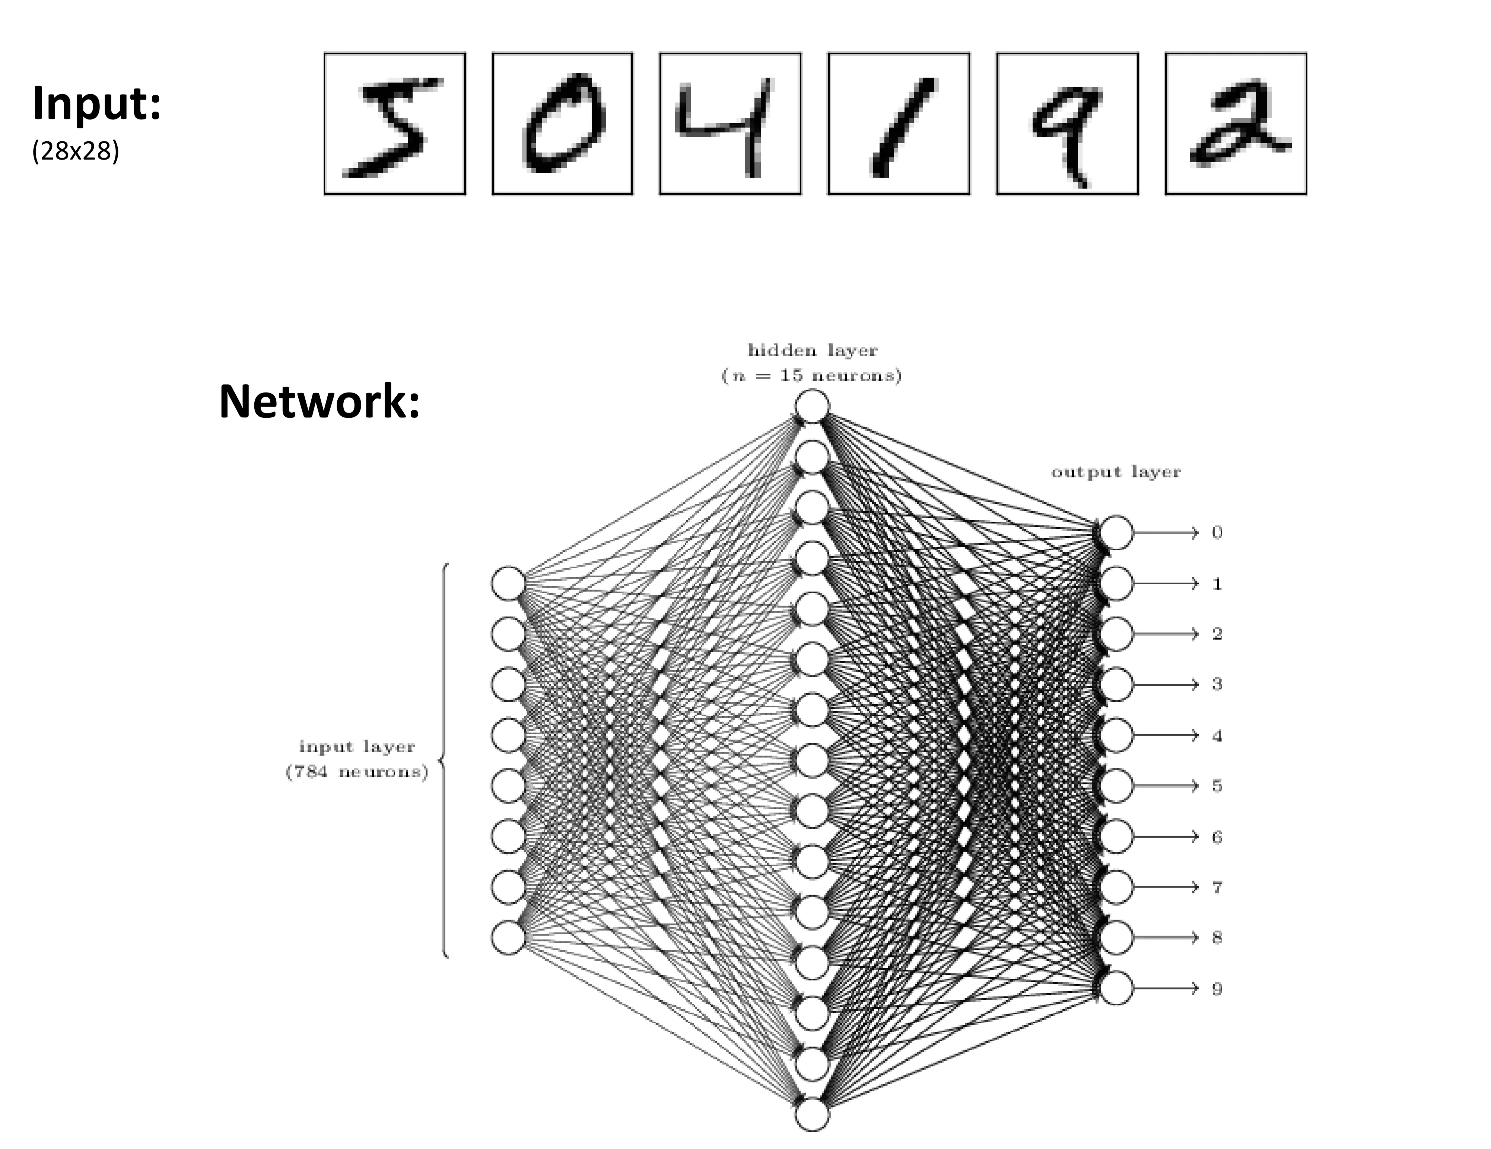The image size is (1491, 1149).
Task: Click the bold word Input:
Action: [96, 104]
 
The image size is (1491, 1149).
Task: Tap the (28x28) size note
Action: [75, 151]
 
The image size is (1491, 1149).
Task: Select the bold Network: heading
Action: [319, 402]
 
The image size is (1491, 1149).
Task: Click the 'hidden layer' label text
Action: [813, 351]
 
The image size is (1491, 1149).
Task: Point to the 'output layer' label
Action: [1116, 472]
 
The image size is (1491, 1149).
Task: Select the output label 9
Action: [1217, 989]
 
